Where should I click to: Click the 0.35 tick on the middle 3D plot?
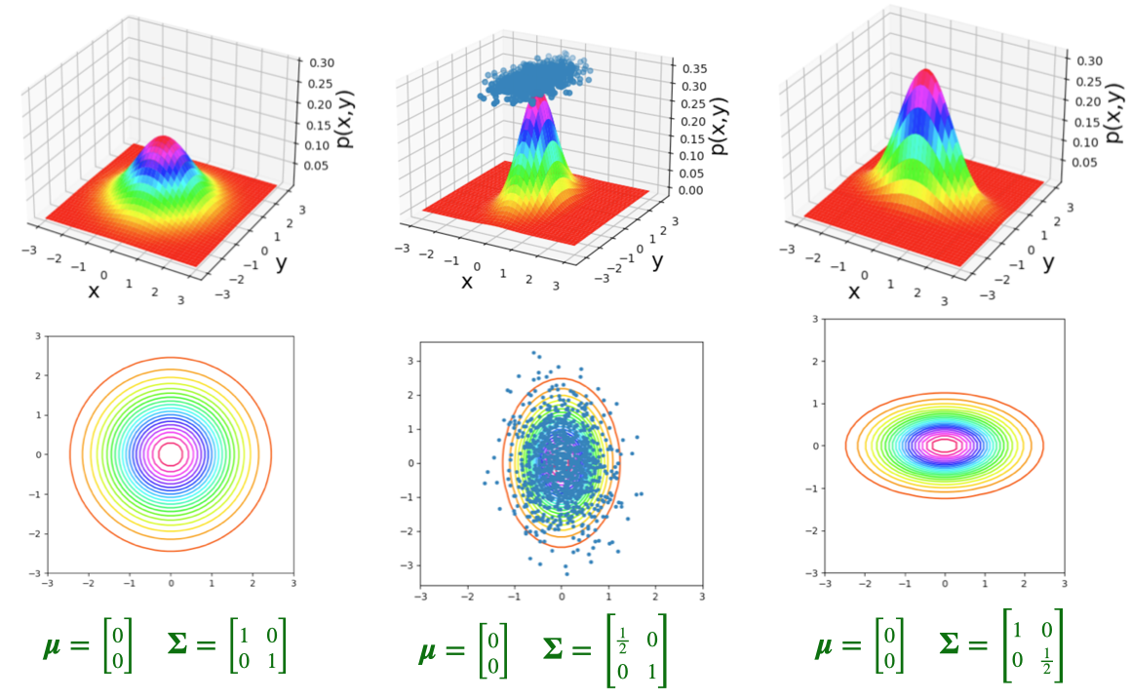click(x=695, y=69)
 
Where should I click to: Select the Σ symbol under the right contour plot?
click(x=955, y=646)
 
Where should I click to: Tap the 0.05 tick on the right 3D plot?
click(x=1086, y=161)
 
